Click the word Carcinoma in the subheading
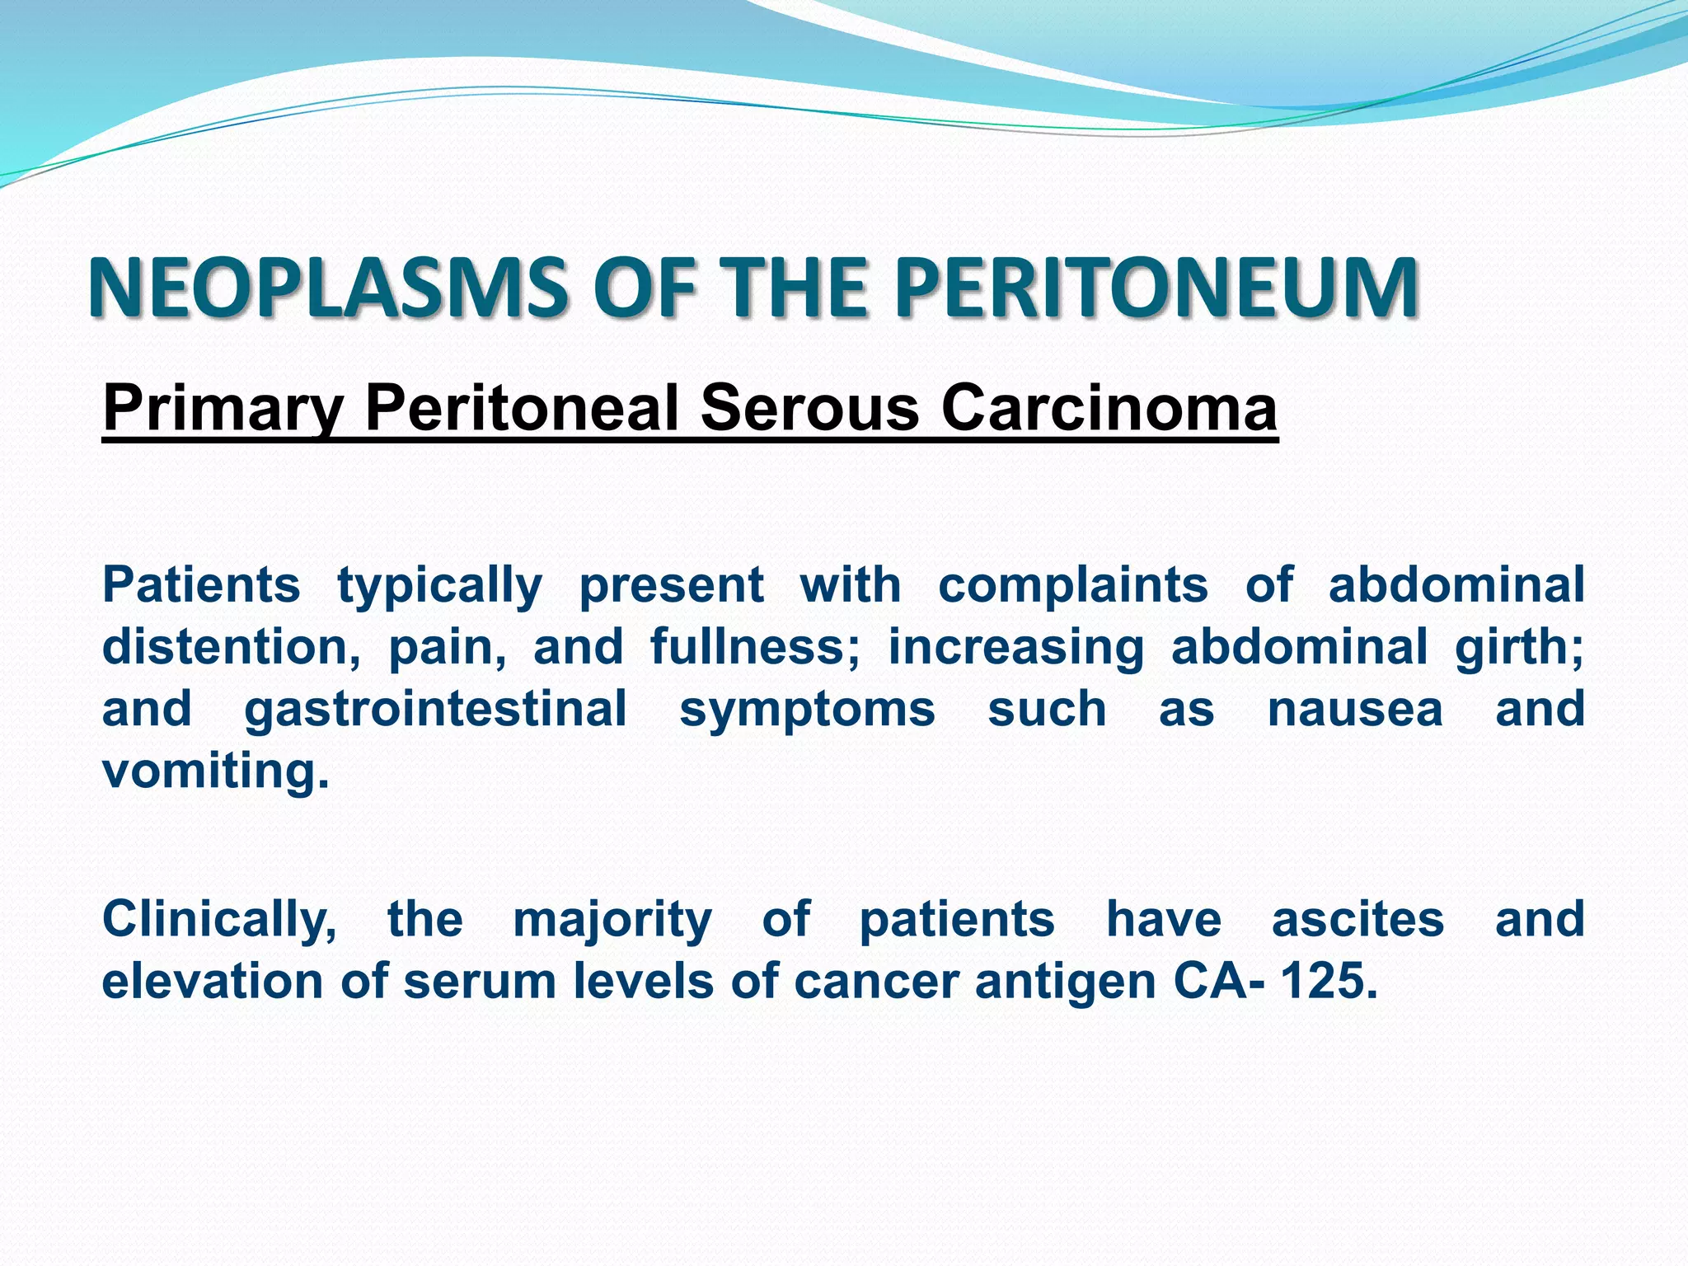coord(1109,408)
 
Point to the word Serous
coord(809,408)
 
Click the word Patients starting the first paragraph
coord(201,585)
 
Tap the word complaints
coord(1073,585)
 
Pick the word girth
coord(1518,647)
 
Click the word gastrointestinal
coord(435,710)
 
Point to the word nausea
coord(1355,710)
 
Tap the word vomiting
coord(215,772)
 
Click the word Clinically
coord(219,920)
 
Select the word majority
coord(612,920)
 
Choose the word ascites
coord(1357,920)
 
